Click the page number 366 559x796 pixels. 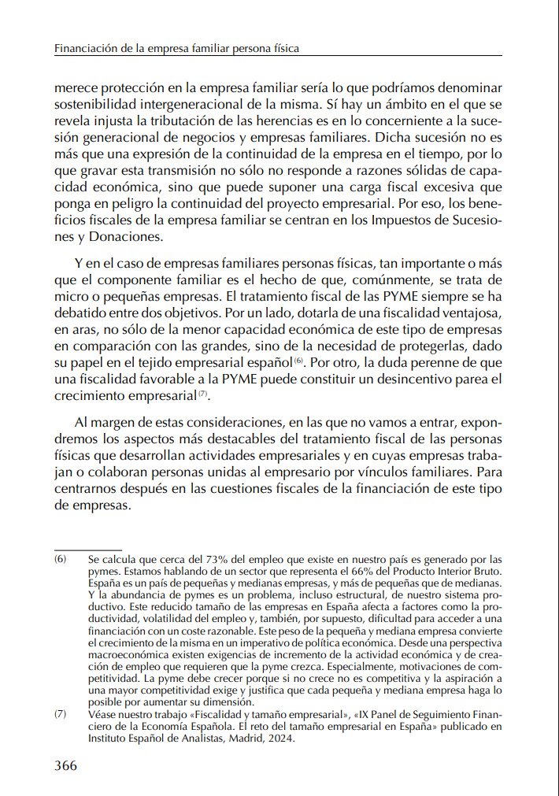[65, 766]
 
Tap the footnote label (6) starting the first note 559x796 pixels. [61, 559]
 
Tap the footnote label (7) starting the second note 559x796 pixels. [61, 714]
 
